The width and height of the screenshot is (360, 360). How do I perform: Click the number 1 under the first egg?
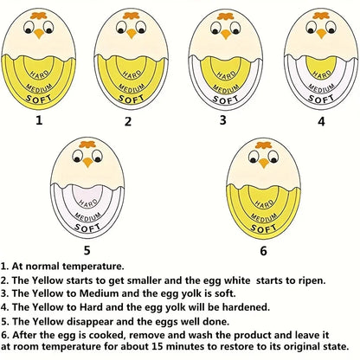[x=39, y=119]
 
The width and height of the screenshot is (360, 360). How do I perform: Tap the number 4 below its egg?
[x=321, y=121]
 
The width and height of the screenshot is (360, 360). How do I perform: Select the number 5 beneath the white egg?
[x=87, y=250]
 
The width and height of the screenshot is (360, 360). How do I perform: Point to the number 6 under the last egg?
[x=263, y=251]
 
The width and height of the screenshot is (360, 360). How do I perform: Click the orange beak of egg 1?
[x=39, y=34]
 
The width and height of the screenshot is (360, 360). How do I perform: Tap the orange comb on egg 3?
[x=226, y=16]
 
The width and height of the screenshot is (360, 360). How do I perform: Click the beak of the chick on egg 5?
[x=87, y=163]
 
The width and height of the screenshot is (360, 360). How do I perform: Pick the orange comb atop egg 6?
[x=264, y=145]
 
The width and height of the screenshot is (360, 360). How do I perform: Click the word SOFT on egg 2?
[x=132, y=99]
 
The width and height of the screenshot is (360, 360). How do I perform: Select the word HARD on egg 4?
[x=321, y=74]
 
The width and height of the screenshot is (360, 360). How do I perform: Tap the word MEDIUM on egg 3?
[x=226, y=88]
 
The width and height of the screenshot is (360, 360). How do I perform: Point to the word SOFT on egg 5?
[x=87, y=228]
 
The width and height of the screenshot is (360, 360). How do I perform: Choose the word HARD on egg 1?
[x=39, y=74]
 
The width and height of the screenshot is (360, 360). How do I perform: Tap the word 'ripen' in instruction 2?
[x=310, y=280]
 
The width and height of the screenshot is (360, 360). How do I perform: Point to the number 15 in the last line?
[x=156, y=346]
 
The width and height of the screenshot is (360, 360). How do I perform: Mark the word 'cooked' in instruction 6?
[x=107, y=335]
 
